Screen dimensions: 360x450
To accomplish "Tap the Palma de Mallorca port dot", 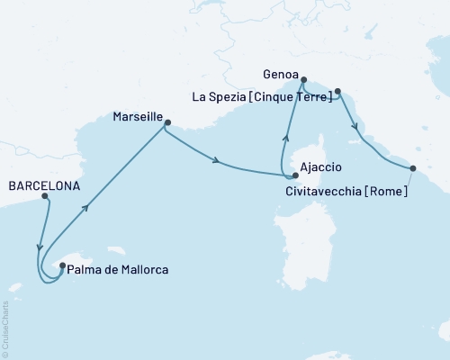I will [61, 265].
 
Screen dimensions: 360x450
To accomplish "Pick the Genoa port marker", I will [303, 78].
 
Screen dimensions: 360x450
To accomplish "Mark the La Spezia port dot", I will [337, 91].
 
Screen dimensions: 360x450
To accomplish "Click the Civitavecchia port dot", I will [412, 168].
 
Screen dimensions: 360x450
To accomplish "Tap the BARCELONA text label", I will [43, 186].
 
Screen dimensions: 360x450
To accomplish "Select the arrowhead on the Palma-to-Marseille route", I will [87, 209].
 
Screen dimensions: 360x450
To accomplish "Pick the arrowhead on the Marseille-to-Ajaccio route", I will [217, 161].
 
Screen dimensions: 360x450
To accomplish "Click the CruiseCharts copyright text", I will [5, 328].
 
